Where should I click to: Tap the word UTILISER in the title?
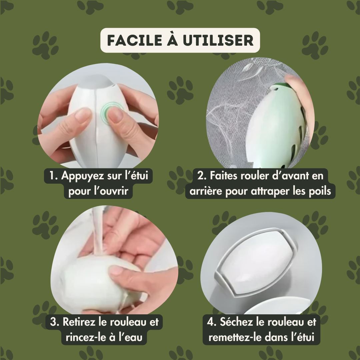218,40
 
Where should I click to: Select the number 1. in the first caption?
53,176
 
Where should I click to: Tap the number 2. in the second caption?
202,176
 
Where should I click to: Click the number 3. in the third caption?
55,322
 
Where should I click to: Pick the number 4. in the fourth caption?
212,322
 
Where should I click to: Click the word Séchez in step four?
236,322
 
